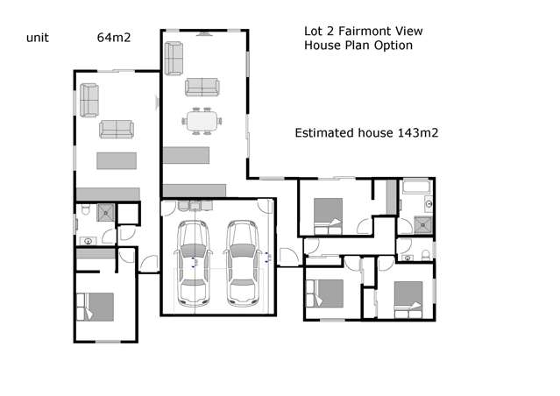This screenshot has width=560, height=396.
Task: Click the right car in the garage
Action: (x=240, y=262)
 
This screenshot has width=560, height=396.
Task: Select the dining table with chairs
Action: (x=202, y=120)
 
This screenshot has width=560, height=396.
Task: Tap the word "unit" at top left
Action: (x=37, y=37)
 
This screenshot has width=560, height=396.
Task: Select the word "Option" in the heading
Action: (x=393, y=45)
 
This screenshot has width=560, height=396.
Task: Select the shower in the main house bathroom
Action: (x=423, y=223)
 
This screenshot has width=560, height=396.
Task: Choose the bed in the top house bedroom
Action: (x=328, y=210)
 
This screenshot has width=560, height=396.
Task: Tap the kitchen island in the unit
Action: (x=117, y=161)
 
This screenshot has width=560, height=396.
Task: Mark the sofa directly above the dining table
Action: (x=202, y=86)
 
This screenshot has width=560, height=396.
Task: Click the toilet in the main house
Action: (x=425, y=254)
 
